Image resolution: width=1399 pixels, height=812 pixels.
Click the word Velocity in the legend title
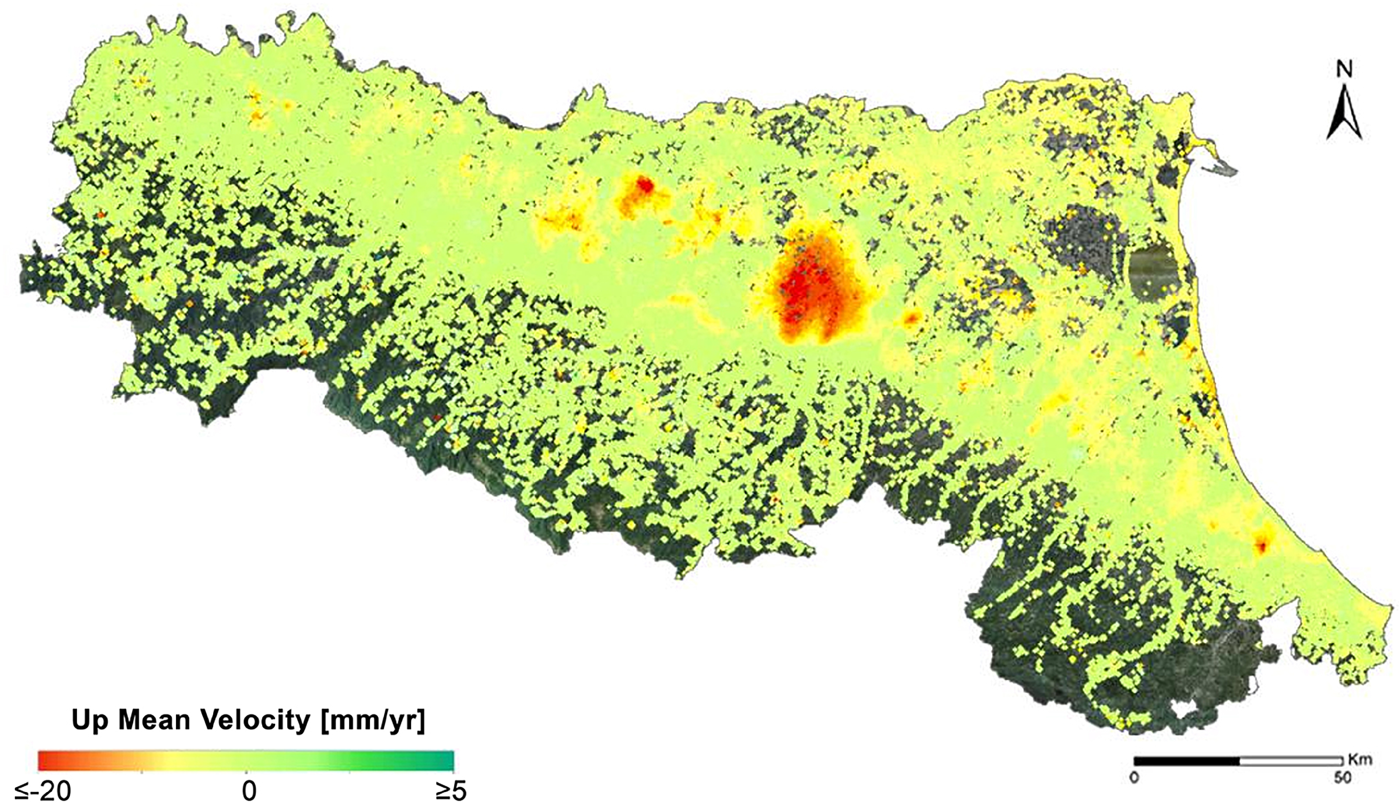256,721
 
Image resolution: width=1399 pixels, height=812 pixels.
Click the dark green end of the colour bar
446,760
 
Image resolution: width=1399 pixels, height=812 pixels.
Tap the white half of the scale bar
1291,760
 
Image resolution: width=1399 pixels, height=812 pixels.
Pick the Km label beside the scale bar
1359,759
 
